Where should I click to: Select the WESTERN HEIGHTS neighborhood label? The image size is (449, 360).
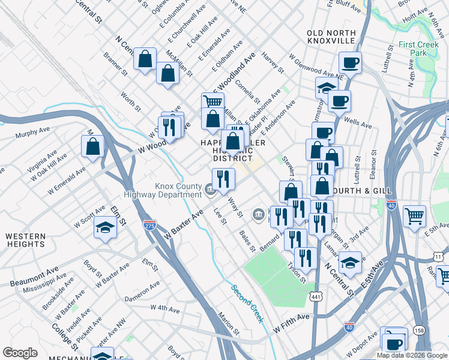pyautogui.click(x=25, y=240)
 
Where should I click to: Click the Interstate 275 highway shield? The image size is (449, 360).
pyautogui.click(x=149, y=225)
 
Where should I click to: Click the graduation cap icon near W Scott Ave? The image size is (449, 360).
pyautogui.click(x=105, y=228)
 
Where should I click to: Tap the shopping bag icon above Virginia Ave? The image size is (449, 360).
pyautogui.click(x=93, y=146)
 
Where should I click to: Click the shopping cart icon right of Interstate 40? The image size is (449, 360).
pyautogui.click(x=415, y=215)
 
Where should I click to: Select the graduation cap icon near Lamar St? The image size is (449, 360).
pyautogui.click(x=350, y=262)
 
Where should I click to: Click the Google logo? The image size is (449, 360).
pyautogui.click(x=20, y=353)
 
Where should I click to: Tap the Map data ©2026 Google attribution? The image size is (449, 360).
pyautogui.click(x=411, y=355)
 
